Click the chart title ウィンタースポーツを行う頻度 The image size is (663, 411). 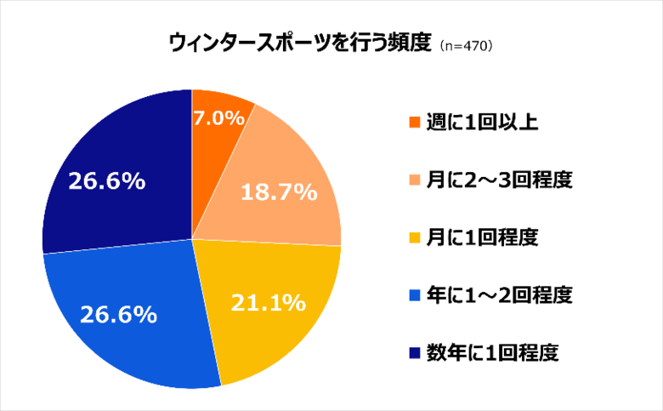301,43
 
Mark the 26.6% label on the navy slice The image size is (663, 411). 105,180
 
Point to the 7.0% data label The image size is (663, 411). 220,119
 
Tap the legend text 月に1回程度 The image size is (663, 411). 480,237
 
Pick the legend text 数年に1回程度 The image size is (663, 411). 487,351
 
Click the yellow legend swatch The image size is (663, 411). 414,237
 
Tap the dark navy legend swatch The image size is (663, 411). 414,351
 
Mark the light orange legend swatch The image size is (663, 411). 414,180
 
